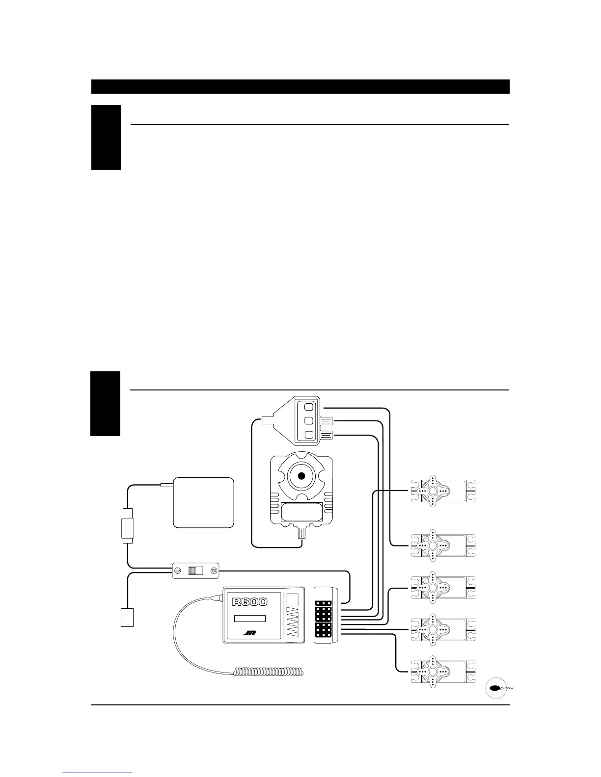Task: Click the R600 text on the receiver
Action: pos(250,601)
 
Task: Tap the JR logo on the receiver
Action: pos(250,633)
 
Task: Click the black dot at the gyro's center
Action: pos(301,475)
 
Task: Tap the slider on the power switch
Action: pos(195,570)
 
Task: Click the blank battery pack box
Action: pos(203,502)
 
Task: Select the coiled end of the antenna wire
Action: pos(269,672)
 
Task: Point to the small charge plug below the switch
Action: pos(127,617)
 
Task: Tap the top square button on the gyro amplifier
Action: pos(308,407)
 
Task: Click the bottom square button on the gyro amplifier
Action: pos(308,435)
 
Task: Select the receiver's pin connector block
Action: pos(324,615)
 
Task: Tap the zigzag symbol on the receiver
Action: pos(292,622)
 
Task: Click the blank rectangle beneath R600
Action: pos(249,618)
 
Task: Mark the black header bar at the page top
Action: pos(300,86)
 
